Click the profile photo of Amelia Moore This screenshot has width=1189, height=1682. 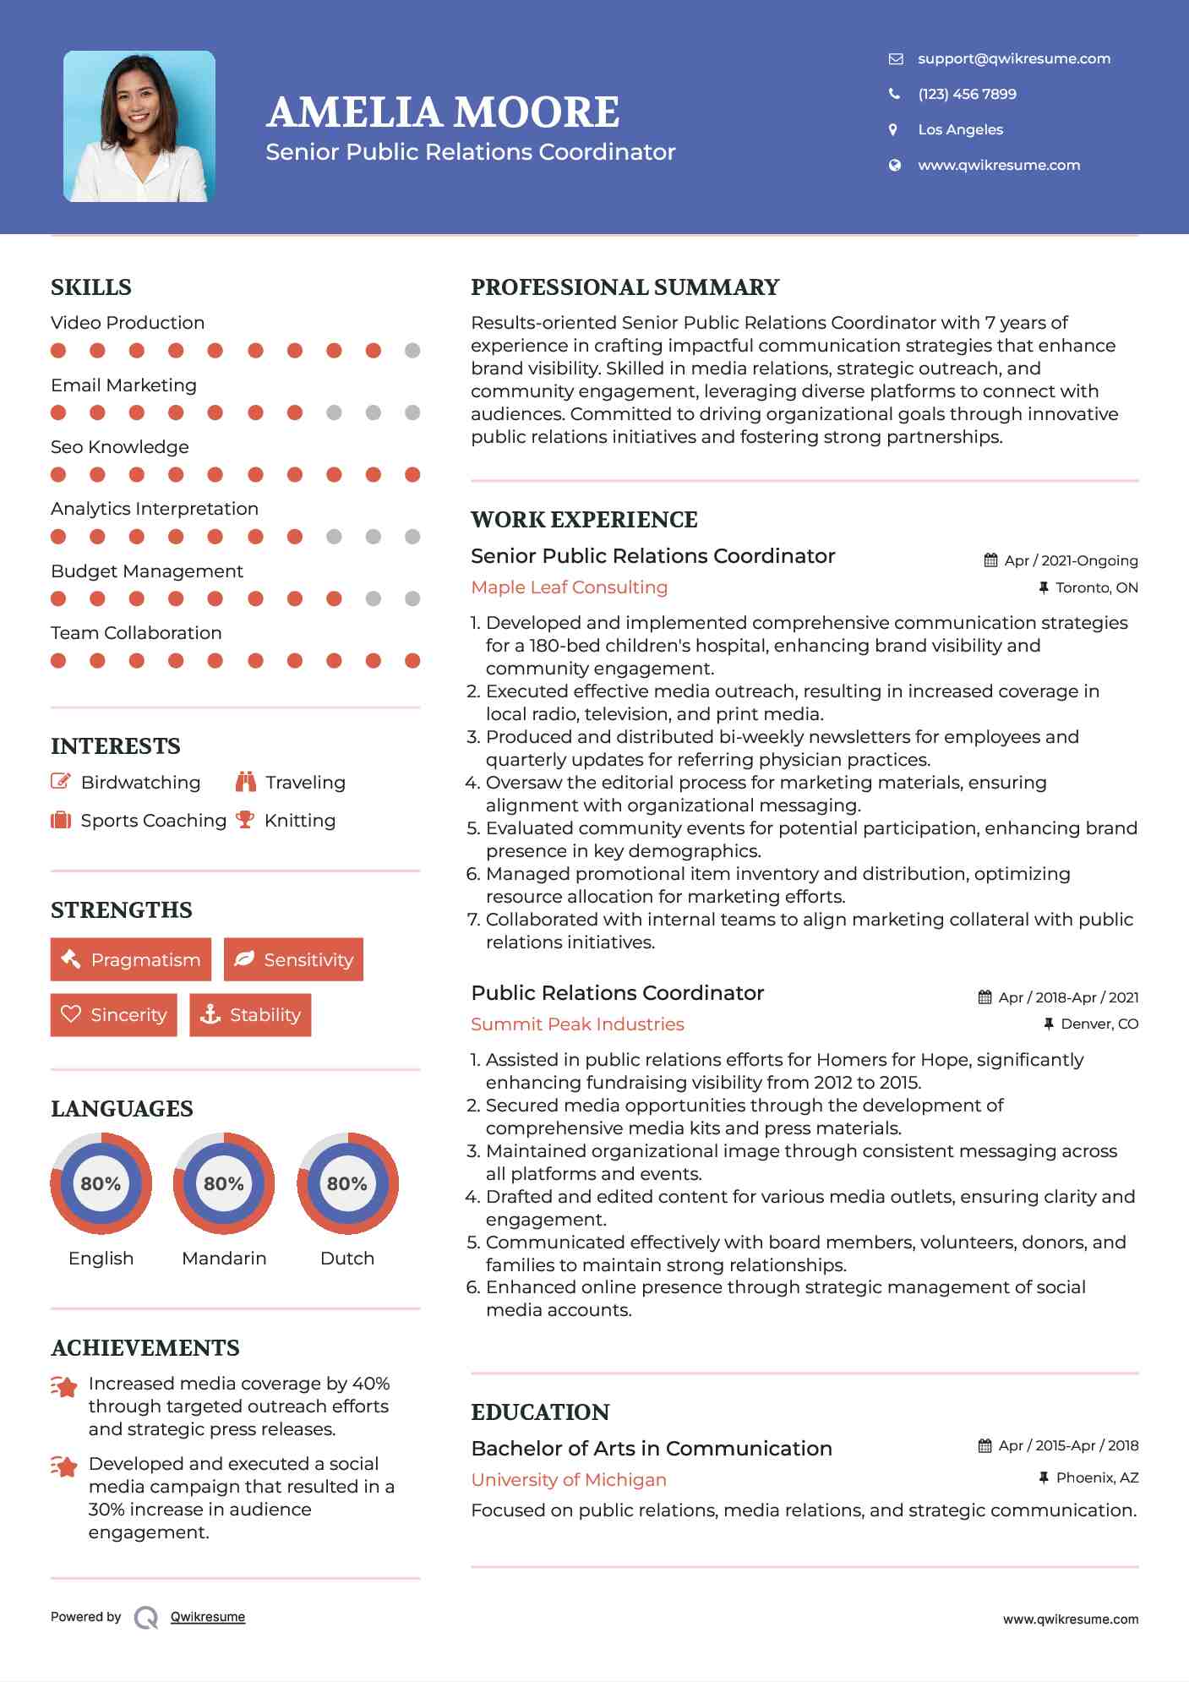click(139, 126)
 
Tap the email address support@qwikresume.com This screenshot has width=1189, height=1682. click(1013, 58)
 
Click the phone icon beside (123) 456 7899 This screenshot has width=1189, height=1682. click(894, 94)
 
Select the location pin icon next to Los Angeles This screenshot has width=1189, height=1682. click(893, 129)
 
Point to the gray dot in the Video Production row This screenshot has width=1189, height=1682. click(412, 351)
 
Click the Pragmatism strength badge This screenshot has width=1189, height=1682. click(131, 959)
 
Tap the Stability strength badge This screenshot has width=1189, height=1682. click(250, 1014)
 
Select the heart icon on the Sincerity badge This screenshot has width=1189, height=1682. click(71, 1014)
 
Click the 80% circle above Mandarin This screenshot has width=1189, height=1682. click(224, 1183)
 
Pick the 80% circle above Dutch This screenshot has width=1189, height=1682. click(347, 1183)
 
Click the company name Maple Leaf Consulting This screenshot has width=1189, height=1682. click(569, 587)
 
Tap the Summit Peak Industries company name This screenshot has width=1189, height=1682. click(577, 1024)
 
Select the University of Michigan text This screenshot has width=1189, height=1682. click(569, 1480)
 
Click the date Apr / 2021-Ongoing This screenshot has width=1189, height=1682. click(1070, 560)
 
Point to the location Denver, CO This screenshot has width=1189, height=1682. click(1099, 1024)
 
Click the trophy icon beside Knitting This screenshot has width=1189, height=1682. click(245, 820)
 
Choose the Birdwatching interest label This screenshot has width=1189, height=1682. click(140, 783)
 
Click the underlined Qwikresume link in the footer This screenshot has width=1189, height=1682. click(208, 1617)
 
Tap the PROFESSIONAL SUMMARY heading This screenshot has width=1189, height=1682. click(624, 287)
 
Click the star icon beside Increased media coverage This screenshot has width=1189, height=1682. click(64, 1386)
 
